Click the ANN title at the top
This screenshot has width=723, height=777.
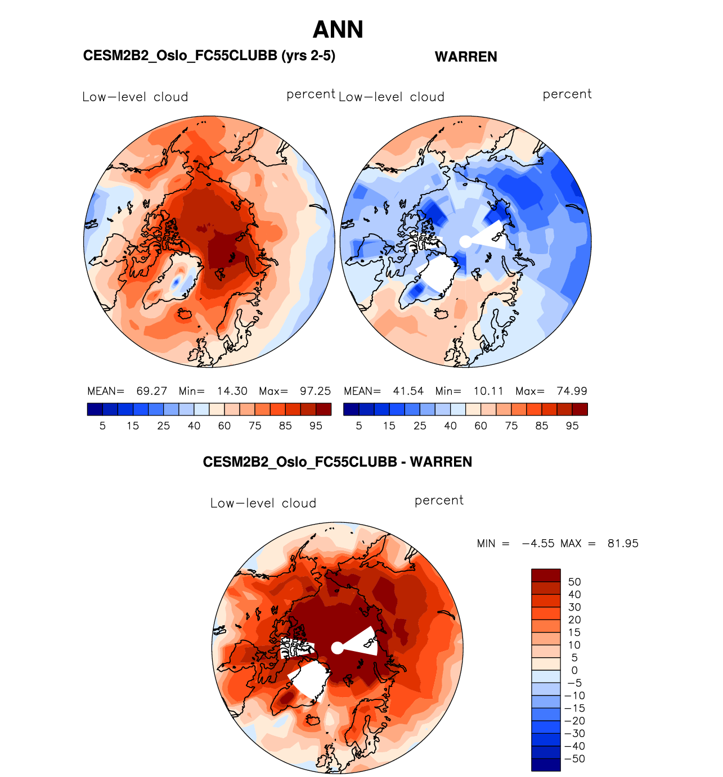point(338,30)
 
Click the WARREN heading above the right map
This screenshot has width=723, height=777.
point(466,57)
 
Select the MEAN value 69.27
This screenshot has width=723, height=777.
point(151,391)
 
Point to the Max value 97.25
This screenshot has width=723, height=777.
point(315,391)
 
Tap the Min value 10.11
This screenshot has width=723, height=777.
point(488,391)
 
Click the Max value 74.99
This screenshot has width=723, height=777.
point(572,391)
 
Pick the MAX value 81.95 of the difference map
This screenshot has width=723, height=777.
point(623,544)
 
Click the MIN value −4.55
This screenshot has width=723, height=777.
point(538,544)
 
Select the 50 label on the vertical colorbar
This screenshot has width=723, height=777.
point(574,582)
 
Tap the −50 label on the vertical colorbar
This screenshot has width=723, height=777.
point(574,759)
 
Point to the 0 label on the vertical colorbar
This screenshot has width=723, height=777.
point(574,670)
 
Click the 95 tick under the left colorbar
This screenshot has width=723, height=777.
point(316,426)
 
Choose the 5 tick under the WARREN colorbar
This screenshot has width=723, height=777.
point(359,426)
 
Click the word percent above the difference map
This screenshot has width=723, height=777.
point(439,500)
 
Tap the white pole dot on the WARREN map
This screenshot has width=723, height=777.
point(465,241)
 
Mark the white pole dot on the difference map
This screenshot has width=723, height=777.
point(337,648)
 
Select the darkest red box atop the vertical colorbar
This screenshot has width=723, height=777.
point(546,575)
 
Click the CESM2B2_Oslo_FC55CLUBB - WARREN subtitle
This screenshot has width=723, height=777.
point(338,462)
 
